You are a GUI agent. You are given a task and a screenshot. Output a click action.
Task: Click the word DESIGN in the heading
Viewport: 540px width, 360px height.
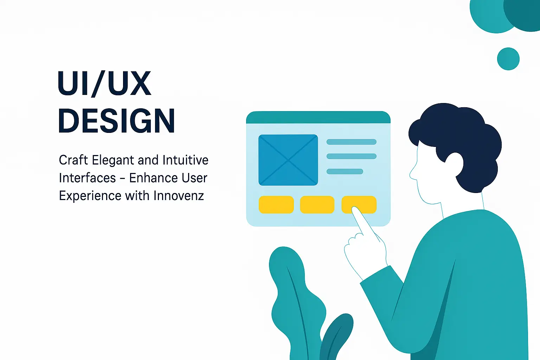pyautogui.click(x=116, y=120)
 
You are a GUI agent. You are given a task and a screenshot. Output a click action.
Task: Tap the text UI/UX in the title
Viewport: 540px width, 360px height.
pyautogui.click(x=104, y=83)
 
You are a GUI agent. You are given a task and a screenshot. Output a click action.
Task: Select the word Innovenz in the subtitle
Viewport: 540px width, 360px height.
pyautogui.click(x=179, y=195)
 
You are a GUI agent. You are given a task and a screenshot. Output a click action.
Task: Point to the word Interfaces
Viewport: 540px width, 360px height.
pyautogui.click(x=87, y=178)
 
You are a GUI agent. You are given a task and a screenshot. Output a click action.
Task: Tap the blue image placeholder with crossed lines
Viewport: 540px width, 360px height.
pyautogui.click(x=288, y=160)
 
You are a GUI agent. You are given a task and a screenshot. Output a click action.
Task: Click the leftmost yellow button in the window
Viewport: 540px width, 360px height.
pyautogui.click(x=276, y=205)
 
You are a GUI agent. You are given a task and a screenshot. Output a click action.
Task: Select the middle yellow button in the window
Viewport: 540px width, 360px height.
pyautogui.click(x=317, y=205)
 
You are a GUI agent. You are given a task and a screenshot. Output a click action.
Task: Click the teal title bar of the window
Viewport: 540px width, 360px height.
pyautogui.click(x=318, y=117)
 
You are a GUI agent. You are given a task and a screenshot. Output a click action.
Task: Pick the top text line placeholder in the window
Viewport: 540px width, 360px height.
pyautogui.click(x=352, y=142)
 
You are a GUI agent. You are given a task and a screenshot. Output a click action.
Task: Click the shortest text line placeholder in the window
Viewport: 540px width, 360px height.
pyautogui.click(x=345, y=172)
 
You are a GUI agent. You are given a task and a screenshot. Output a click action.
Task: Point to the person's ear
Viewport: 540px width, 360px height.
pyautogui.click(x=455, y=165)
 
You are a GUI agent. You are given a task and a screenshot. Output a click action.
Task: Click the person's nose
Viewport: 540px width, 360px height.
pyautogui.click(x=413, y=174)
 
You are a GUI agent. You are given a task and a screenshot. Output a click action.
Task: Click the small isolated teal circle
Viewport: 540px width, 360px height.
pyautogui.click(x=508, y=59)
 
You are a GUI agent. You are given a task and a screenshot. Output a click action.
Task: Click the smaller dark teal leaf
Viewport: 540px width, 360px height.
pyautogui.click(x=336, y=337)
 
